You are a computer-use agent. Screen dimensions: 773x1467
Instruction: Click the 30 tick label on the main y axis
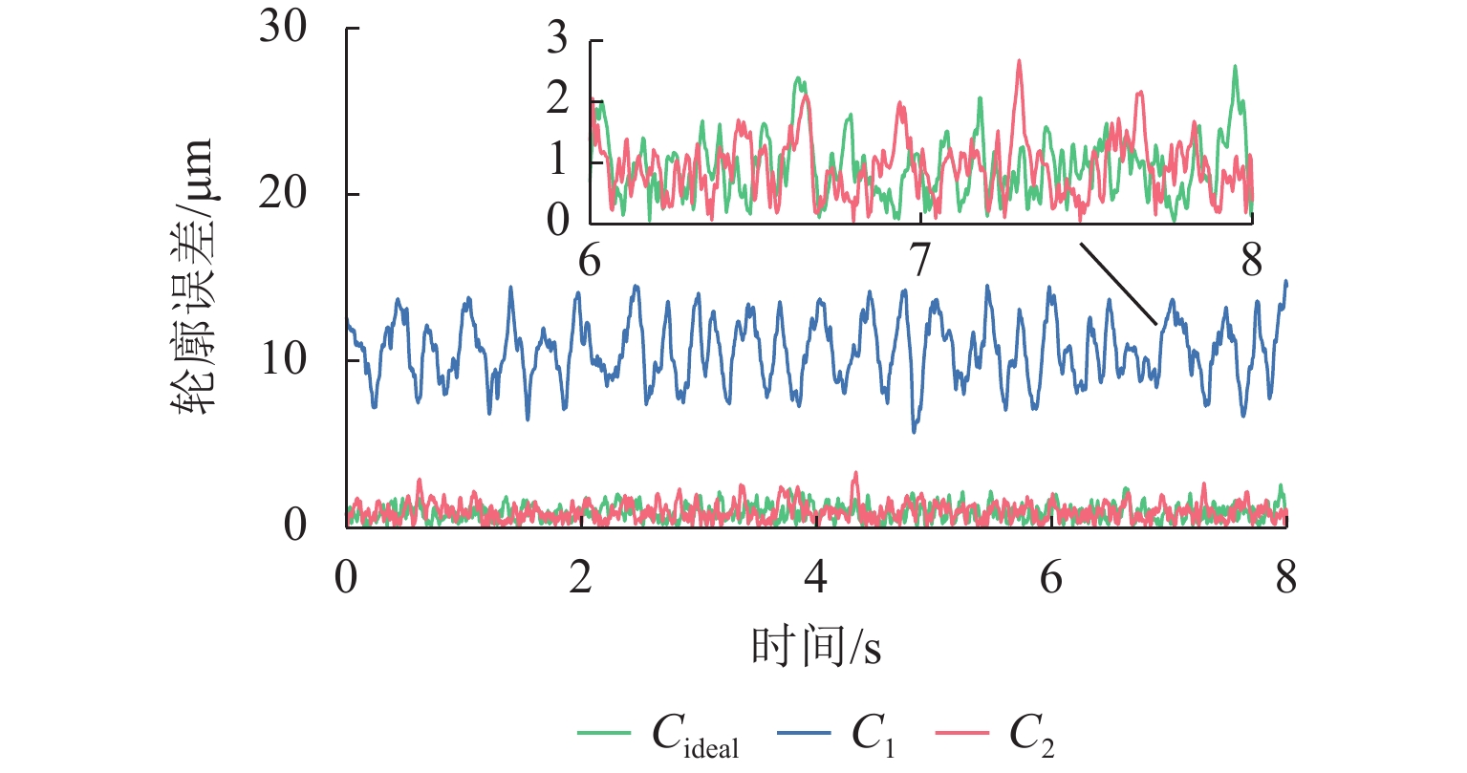(x=282, y=28)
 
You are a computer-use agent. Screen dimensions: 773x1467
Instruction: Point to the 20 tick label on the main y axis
(x=282, y=194)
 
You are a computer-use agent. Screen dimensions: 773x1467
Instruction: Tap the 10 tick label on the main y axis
(x=282, y=360)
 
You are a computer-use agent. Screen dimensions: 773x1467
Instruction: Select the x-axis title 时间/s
(x=815, y=648)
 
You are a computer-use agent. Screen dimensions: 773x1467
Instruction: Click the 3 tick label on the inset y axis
(x=557, y=41)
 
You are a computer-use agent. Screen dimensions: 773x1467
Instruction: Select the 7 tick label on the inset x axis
(x=920, y=260)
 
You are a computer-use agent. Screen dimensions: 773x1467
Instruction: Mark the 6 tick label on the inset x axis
(x=590, y=260)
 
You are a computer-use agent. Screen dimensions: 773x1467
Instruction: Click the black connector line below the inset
(x=1119, y=284)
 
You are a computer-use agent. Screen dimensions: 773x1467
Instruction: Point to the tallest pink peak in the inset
(x=1019, y=61)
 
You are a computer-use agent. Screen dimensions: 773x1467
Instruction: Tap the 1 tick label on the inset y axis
(x=557, y=160)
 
